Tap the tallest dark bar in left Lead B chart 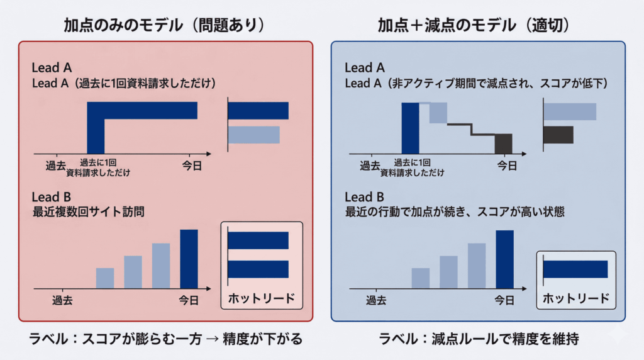click(x=189, y=259)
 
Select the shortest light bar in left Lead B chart click(x=105, y=278)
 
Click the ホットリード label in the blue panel click(x=576, y=297)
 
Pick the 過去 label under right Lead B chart click(x=376, y=300)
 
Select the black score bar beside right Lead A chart click(x=558, y=135)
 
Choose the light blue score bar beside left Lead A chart click(x=253, y=135)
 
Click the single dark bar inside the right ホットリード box click(x=575, y=269)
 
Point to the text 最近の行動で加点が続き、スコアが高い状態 click(x=455, y=212)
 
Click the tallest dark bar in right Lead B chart click(x=504, y=259)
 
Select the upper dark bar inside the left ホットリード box click(x=258, y=240)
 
